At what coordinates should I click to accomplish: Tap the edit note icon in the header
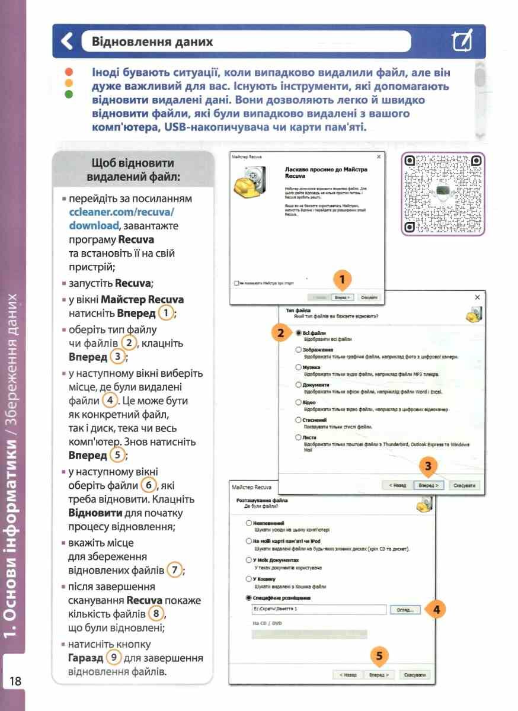point(462,41)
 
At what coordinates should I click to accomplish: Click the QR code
point(442,194)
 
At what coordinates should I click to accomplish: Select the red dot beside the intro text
point(68,71)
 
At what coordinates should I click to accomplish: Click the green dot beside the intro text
point(68,94)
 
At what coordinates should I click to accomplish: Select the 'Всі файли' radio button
point(298,333)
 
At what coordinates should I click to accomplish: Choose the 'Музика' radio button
point(298,367)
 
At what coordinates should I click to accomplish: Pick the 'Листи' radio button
point(298,437)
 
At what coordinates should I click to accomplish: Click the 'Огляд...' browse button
point(405,610)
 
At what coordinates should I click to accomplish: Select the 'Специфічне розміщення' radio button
point(248,598)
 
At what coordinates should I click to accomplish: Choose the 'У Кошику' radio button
point(248,579)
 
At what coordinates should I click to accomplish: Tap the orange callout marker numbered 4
point(436,609)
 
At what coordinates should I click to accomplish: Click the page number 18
point(14,681)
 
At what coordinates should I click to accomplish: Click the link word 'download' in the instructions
point(94,226)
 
